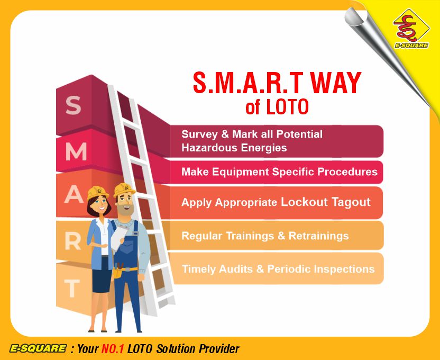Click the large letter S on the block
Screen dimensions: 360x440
click(x=74, y=105)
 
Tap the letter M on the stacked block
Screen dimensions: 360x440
click(x=76, y=152)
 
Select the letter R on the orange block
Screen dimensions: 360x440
click(x=73, y=241)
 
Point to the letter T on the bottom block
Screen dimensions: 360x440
click(x=72, y=289)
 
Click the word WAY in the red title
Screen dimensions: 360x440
click(x=335, y=83)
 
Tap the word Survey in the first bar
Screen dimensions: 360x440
click(x=199, y=134)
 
